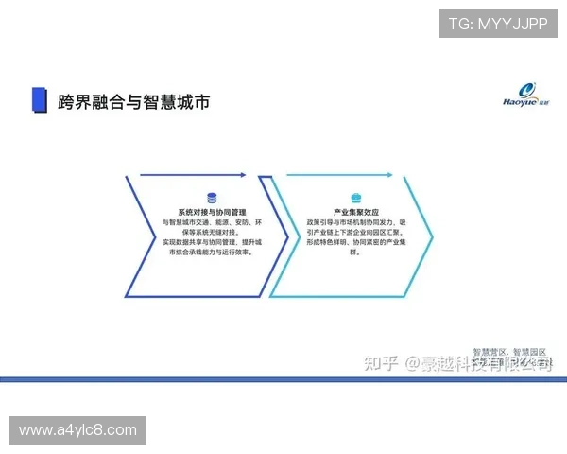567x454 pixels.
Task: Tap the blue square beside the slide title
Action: click(x=39, y=100)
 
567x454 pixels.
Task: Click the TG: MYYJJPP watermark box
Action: click(x=497, y=23)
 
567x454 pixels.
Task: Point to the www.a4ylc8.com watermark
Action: click(x=78, y=430)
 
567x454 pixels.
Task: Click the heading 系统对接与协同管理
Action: click(x=212, y=212)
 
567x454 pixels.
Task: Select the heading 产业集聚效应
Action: click(x=355, y=212)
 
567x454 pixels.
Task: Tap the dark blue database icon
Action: click(x=212, y=198)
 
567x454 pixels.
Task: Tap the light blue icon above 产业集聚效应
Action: click(x=356, y=198)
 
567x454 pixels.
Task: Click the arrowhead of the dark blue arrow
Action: click(x=243, y=175)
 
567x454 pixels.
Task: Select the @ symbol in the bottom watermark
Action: click(x=412, y=363)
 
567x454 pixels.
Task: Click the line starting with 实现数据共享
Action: click(x=212, y=243)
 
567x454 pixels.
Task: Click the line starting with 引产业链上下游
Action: click(x=356, y=233)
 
